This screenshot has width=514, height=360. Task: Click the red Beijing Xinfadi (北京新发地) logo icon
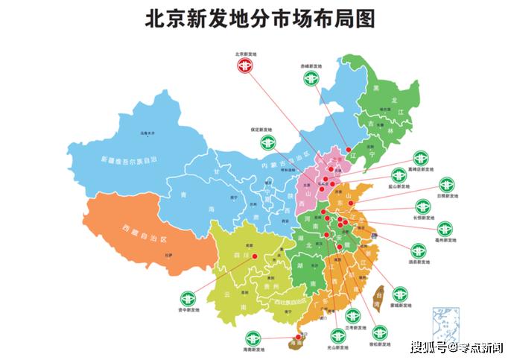pyautogui.click(x=245, y=66)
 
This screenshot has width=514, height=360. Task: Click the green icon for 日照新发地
pyautogui.click(x=446, y=184)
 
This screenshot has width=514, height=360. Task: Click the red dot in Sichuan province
pyautogui.click(x=255, y=256)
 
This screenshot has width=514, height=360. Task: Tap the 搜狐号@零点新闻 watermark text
pyautogui.click(x=457, y=347)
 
